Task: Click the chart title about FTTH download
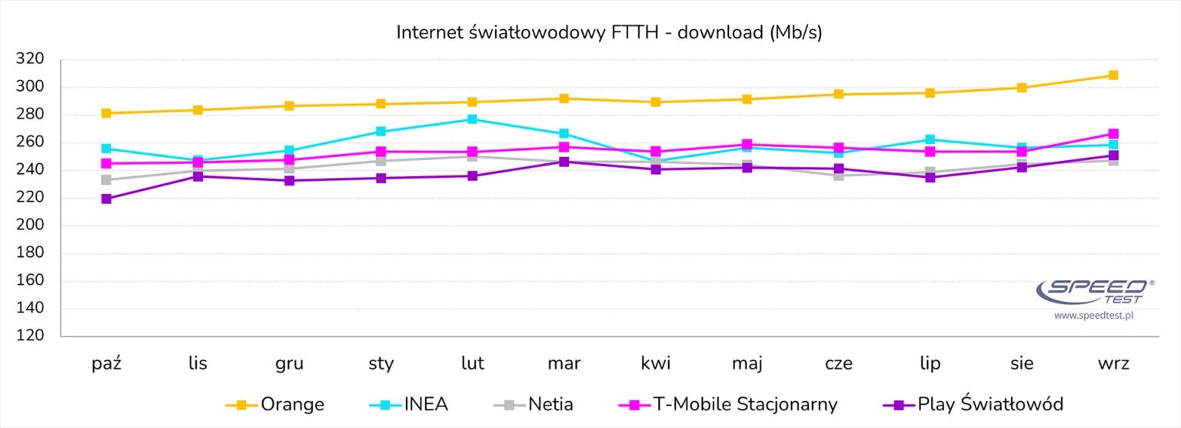point(609,32)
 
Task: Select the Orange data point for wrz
point(1113,75)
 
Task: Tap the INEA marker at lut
point(472,119)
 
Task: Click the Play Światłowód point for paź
point(106,199)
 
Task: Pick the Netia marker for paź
point(106,180)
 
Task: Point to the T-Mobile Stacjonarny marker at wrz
point(1113,134)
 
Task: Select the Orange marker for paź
point(106,113)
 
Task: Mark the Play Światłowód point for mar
point(564,162)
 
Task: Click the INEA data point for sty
point(381,132)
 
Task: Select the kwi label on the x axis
point(655,363)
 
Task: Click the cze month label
point(838,363)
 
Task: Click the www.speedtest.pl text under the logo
point(1094,316)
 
